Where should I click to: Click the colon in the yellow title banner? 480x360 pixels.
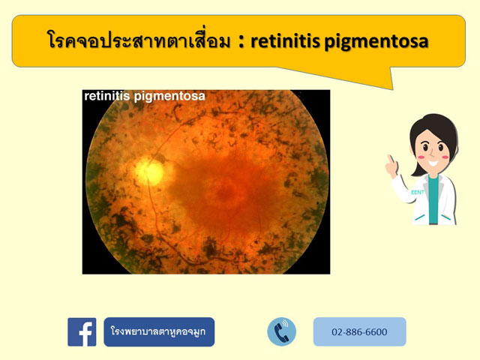[x=241, y=41]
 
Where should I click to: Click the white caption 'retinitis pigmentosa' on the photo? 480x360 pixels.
[x=144, y=97]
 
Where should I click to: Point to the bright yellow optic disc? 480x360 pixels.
[x=151, y=171]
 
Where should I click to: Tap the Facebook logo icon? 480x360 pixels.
[x=82, y=331]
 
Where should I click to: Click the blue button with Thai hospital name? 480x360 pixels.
[x=159, y=331]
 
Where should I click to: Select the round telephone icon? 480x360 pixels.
[x=281, y=331]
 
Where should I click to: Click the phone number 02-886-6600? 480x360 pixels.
[x=360, y=331]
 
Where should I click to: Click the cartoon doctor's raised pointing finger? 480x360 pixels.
[x=390, y=160]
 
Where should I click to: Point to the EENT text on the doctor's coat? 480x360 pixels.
[x=417, y=193]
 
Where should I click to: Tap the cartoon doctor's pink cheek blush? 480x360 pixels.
[x=446, y=158]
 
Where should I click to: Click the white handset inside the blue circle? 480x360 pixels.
[x=281, y=331]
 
